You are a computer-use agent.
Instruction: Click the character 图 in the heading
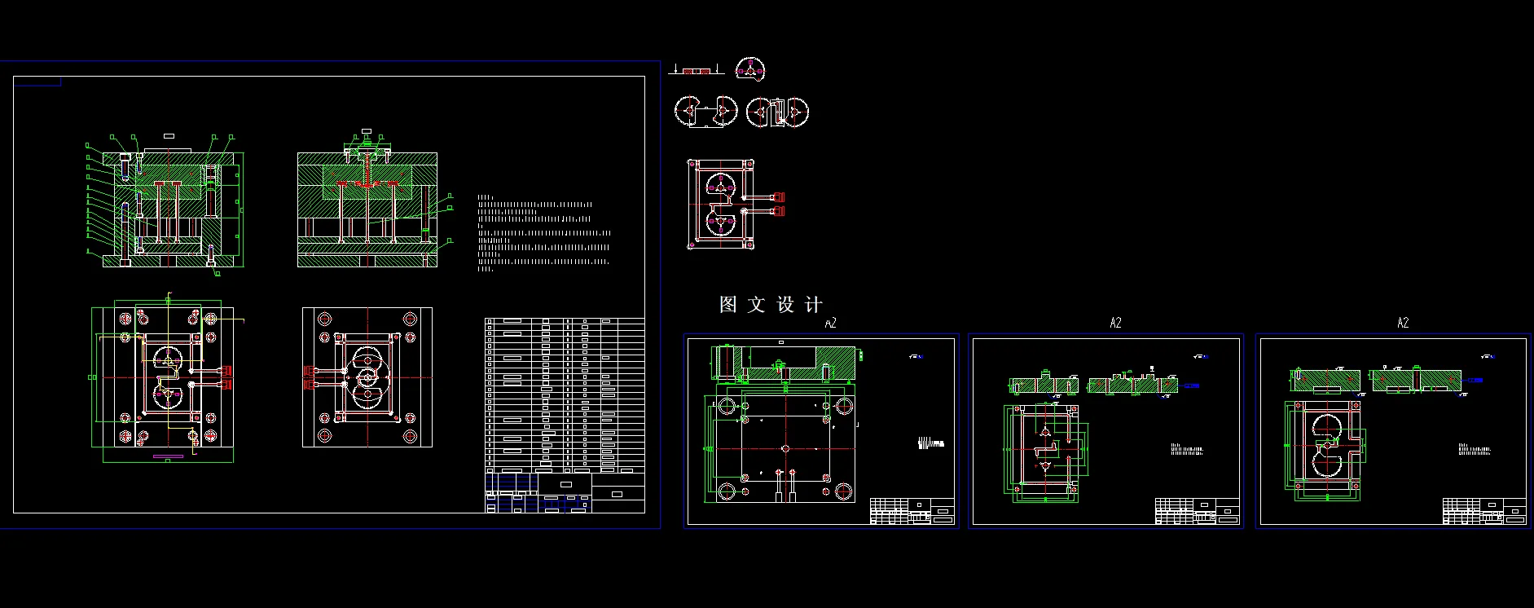727,305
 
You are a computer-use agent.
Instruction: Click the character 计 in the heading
813,305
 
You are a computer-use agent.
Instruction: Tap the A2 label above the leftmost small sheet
830,324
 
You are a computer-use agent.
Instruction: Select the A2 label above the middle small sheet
1115,324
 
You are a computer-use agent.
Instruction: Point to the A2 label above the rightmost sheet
1402,324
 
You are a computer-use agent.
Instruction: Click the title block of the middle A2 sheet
1197,511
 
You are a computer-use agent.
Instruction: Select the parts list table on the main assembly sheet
565,395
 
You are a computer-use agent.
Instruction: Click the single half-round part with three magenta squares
750,69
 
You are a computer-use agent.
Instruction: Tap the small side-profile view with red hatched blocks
696,71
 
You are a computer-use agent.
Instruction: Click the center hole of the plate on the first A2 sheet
785,448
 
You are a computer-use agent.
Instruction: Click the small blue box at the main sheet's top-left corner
37,82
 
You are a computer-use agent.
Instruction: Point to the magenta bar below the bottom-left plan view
168,456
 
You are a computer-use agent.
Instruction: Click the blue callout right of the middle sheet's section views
1191,386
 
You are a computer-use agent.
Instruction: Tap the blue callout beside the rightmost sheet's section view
1475,380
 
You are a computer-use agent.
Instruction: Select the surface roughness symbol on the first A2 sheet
916,356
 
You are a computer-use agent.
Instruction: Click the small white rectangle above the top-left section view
169,136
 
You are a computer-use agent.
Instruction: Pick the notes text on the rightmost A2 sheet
1475,449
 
